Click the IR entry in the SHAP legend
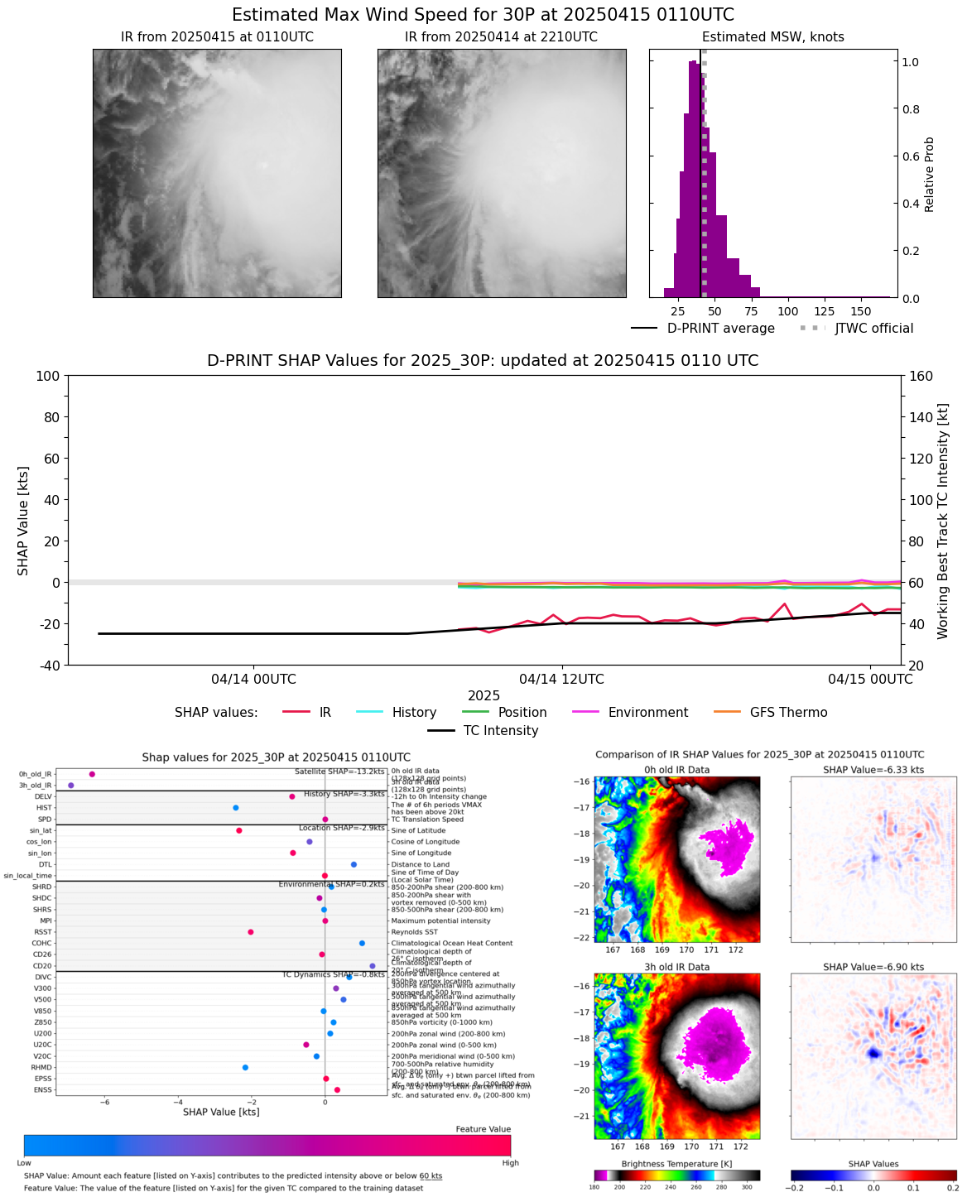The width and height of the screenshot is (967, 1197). [325, 713]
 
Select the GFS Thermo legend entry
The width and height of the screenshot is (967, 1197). [788, 713]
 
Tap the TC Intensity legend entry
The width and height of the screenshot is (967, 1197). [500, 731]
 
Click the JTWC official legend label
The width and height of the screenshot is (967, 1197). [873, 329]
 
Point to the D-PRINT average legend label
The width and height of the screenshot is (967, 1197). [720, 329]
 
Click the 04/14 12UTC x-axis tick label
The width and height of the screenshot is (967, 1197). [561, 680]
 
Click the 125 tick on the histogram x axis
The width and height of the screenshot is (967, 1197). [825, 312]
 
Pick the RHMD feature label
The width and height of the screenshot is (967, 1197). [41, 1068]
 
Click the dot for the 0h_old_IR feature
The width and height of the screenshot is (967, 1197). [92, 774]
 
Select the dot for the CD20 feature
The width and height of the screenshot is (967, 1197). [373, 966]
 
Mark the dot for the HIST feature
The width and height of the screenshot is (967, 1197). [236, 808]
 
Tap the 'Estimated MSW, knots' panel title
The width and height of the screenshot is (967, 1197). [772, 37]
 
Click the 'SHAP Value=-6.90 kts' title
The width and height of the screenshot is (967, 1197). [873, 967]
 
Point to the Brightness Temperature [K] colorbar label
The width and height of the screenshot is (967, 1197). [676, 1164]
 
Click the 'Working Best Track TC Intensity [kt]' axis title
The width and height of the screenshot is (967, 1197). [942, 522]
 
